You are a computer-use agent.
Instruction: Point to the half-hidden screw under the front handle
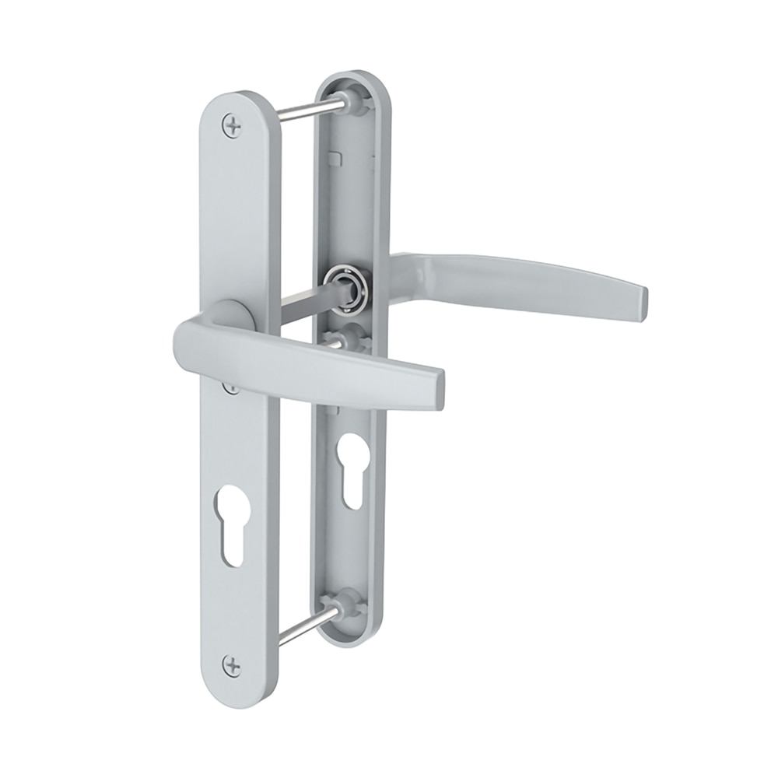coord(230,387)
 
